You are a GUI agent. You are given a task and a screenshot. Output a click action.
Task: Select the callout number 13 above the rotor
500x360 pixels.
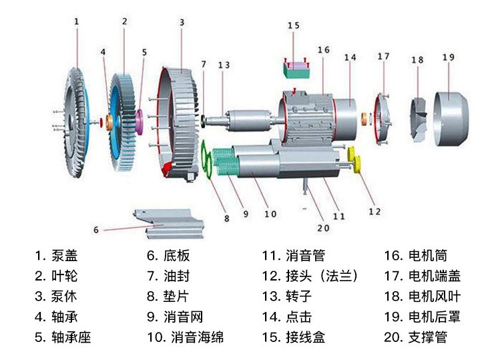coord(224,65)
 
